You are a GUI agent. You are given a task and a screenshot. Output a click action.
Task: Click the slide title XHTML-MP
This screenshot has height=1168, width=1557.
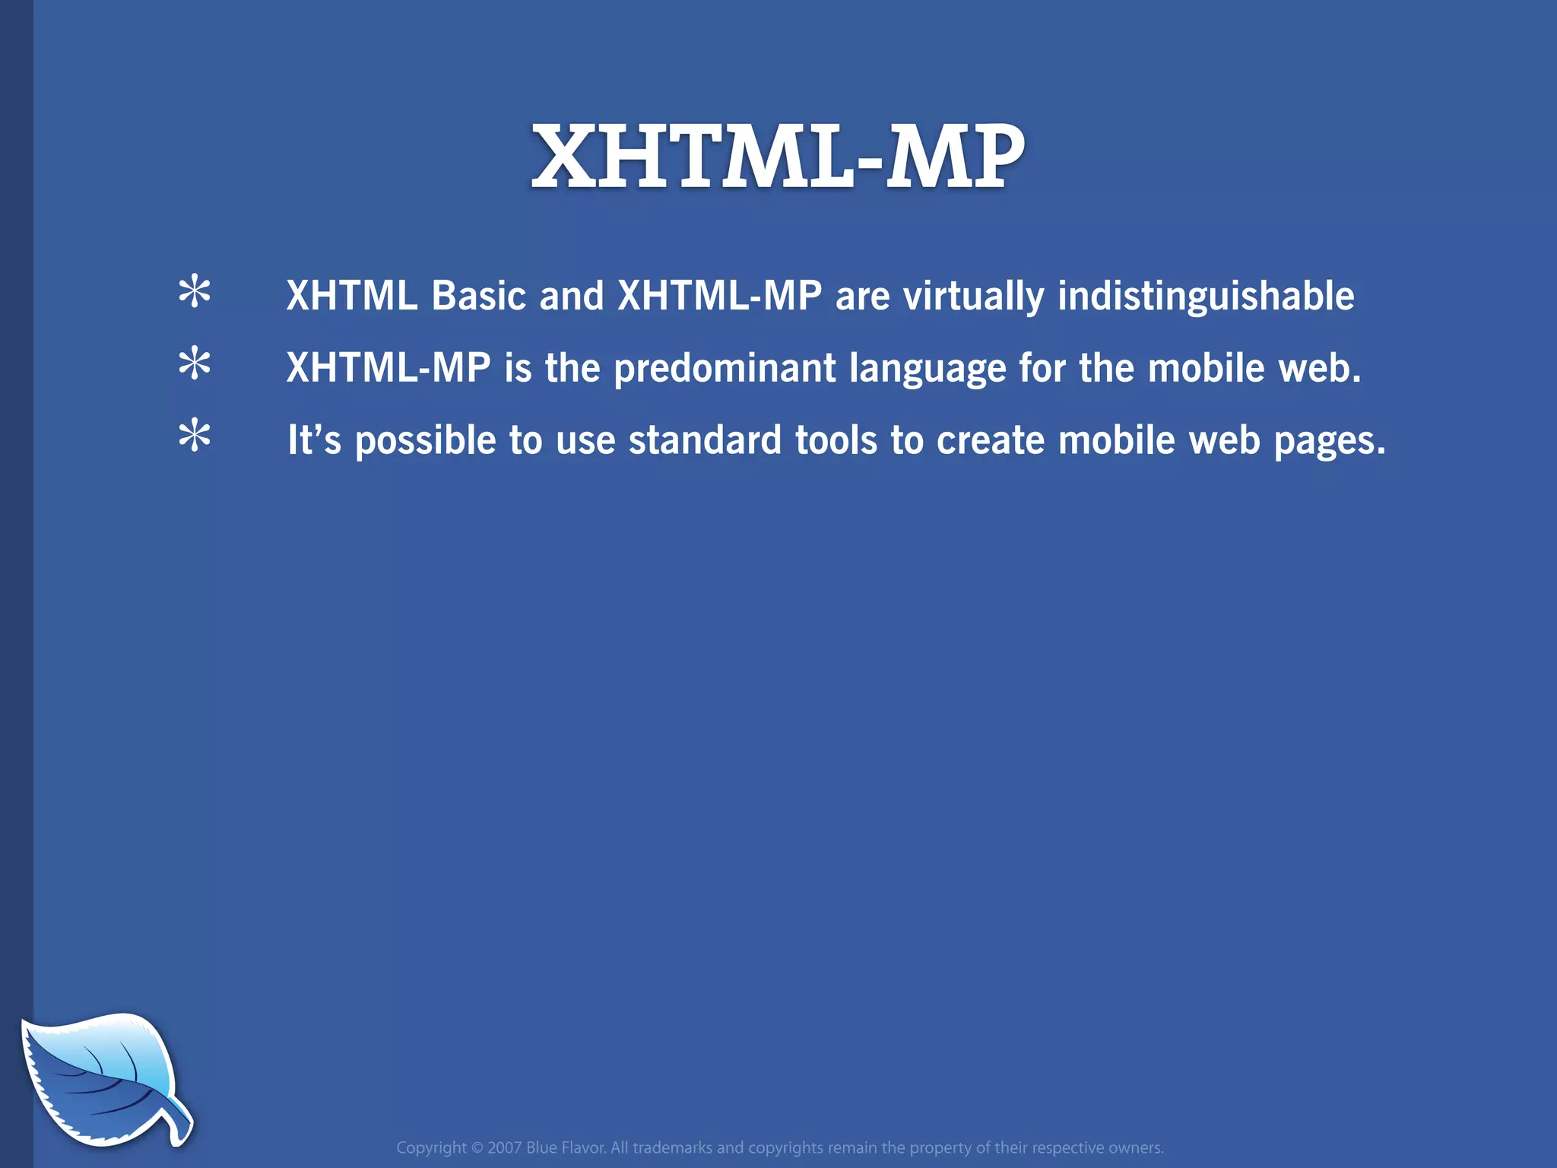point(778,157)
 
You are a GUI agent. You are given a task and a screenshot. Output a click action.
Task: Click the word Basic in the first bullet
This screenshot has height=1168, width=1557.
point(478,296)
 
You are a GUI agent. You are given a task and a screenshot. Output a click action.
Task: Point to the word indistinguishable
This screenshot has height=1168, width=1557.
point(1206,297)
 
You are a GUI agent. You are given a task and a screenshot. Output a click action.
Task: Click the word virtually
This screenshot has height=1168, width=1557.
point(973,297)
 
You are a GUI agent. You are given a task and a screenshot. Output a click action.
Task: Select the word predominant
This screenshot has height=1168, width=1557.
point(725,370)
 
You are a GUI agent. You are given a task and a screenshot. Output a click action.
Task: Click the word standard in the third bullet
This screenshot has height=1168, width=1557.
point(705,441)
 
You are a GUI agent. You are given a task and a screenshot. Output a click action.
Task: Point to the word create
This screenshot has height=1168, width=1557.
point(991,441)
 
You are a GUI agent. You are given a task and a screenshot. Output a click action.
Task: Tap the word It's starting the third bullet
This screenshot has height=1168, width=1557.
point(314,441)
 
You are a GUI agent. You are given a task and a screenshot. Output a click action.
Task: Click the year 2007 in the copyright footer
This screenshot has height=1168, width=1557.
point(504,1147)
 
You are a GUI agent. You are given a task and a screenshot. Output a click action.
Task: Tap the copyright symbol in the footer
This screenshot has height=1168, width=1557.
point(477,1147)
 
